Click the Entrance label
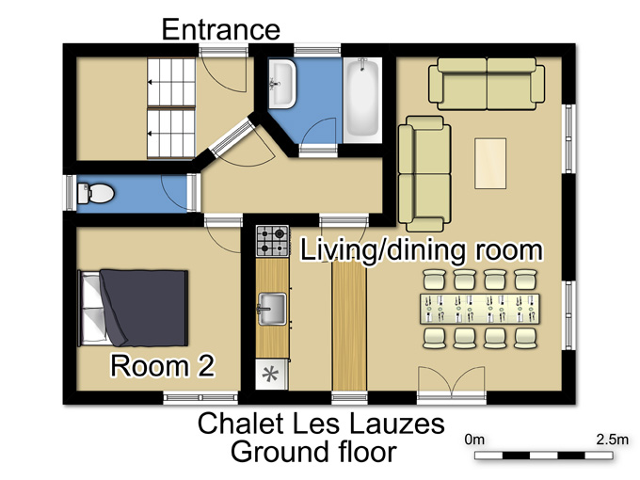[x=221, y=29]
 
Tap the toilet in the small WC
[x=96, y=193]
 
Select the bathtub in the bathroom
[x=362, y=101]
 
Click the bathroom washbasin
[x=281, y=84]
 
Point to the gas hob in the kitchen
[x=272, y=241]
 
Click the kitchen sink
[x=272, y=309]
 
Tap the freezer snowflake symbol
[x=270, y=375]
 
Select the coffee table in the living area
[x=490, y=163]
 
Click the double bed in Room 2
[x=133, y=308]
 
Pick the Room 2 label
[x=163, y=366]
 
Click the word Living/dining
[x=382, y=249]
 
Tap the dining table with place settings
[x=480, y=309]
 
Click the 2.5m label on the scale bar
[x=613, y=440]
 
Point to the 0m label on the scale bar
[x=474, y=440]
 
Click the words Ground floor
[x=313, y=452]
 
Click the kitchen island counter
[x=349, y=326]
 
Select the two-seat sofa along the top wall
[x=487, y=84]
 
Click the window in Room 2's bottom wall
[x=200, y=398]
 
